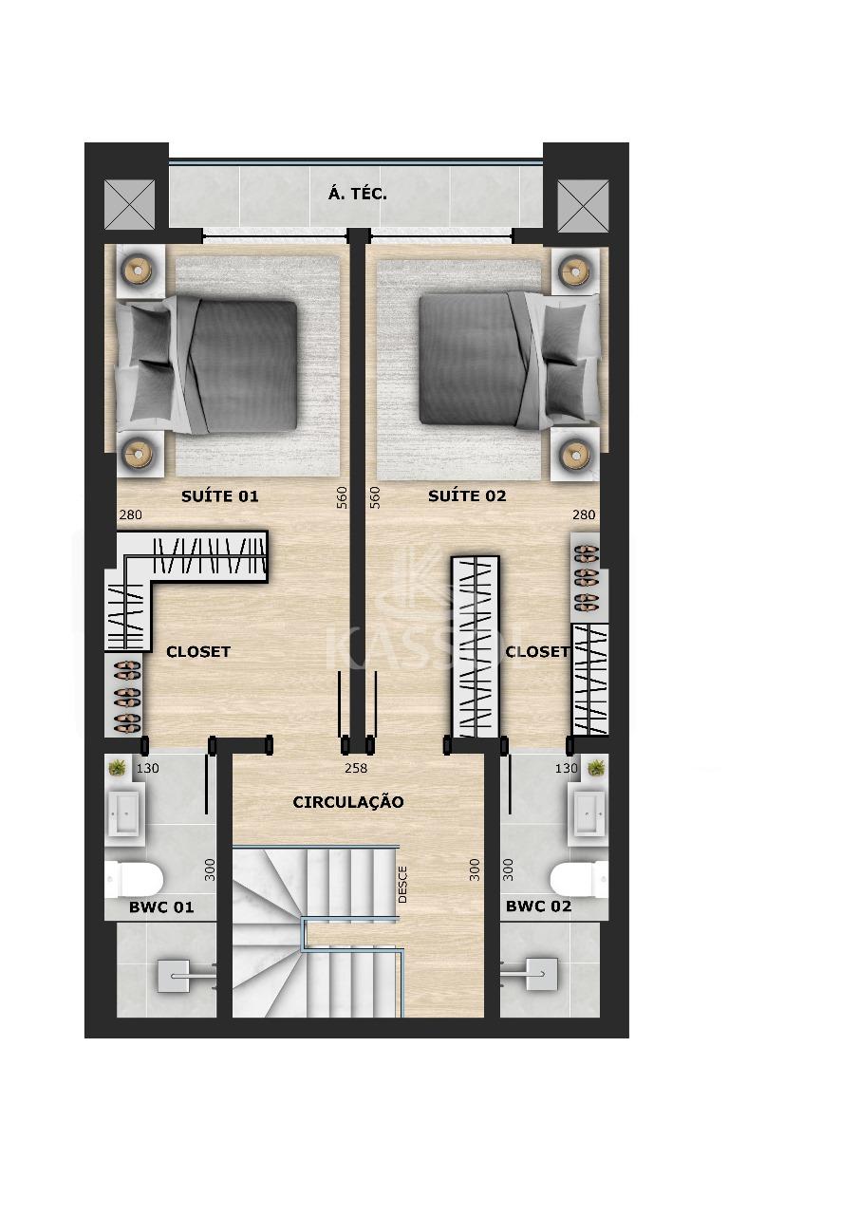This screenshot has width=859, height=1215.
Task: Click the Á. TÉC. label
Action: pos(357,194)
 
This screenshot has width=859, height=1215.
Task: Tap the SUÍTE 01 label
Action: pos(219,495)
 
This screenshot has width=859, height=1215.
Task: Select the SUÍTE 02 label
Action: pos(467,495)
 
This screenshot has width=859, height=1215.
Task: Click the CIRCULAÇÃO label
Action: pos(347,802)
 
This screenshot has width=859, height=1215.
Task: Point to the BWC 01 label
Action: pos(161,907)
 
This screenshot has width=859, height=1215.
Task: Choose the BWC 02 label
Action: pos(538,907)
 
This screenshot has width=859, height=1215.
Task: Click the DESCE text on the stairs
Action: pos(402,883)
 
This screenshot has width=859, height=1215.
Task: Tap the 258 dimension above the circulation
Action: pos(355,768)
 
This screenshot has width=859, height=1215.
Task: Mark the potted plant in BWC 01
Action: pos(118,767)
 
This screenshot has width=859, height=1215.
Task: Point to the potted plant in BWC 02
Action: pos(596,767)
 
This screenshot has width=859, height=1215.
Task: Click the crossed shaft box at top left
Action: pos(128,204)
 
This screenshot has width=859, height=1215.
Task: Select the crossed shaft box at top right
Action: pos(582,204)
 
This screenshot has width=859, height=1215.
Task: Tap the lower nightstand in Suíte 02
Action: pos(574,455)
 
